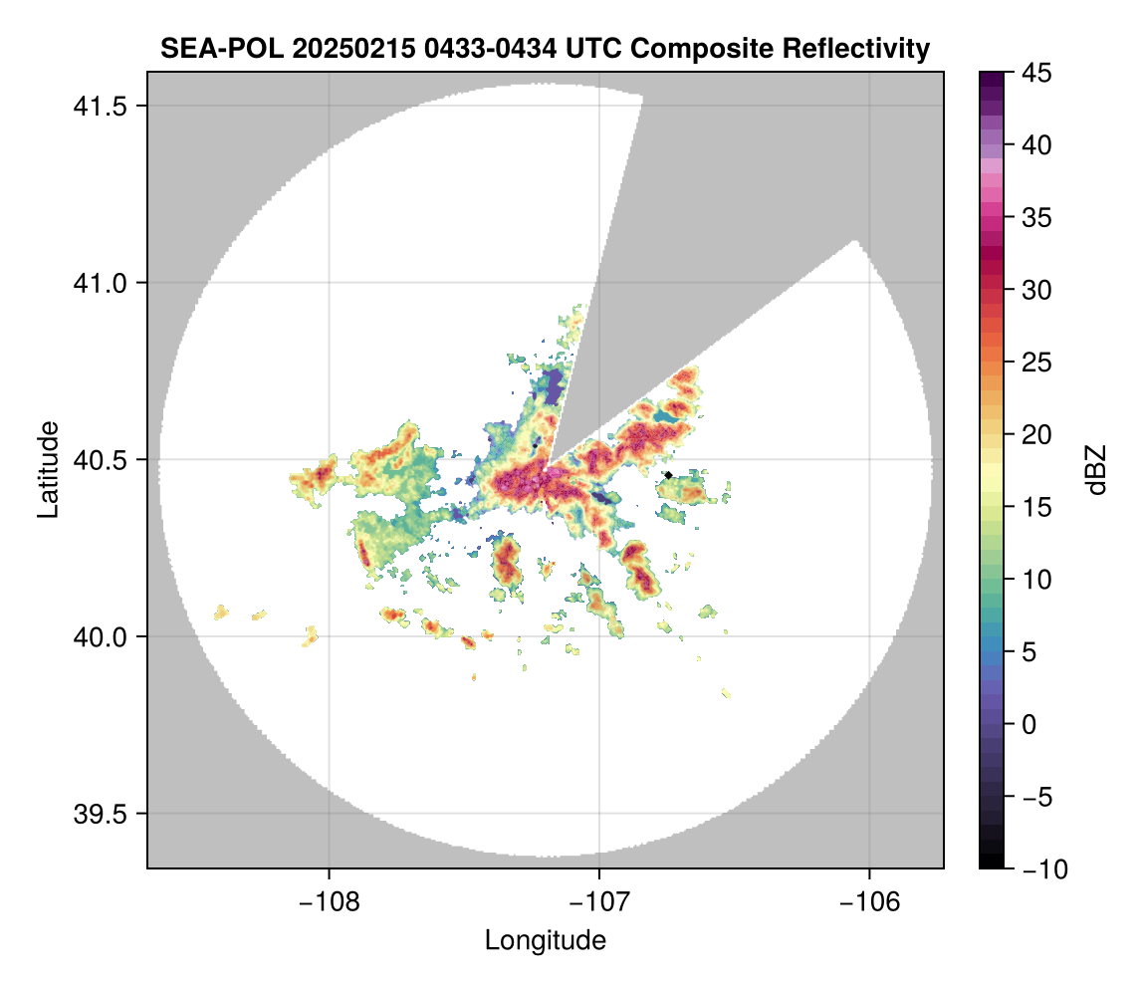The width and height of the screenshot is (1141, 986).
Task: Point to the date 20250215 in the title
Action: pos(332,48)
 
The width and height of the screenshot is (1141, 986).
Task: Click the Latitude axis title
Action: pos(47,468)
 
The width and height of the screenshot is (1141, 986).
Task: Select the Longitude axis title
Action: pos(545,940)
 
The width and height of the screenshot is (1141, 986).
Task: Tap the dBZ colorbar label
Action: pos(1097,470)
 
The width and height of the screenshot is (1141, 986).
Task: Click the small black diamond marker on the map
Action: pos(668,475)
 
